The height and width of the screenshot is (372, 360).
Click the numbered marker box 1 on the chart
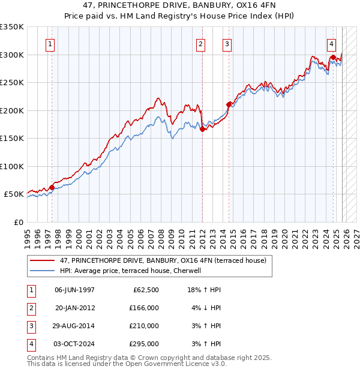click(x=50, y=44)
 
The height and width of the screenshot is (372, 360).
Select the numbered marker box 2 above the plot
click(x=200, y=44)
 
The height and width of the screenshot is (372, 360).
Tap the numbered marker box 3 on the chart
click(x=227, y=44)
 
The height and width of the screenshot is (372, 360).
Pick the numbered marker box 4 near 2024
click(x=332, y=44)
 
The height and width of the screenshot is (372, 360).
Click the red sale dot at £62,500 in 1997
click(x=52, y=187)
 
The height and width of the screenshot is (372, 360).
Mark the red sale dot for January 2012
click(x=203, y=129)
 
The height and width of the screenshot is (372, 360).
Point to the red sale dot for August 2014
click(x=229, y=104)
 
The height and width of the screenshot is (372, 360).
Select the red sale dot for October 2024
click(x=333, y=58)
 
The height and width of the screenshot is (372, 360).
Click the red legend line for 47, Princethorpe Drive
click(x=43, y=260)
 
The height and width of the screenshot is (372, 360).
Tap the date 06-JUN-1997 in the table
click(x=74, y=290)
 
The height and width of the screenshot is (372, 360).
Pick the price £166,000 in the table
click(x=143, y=308)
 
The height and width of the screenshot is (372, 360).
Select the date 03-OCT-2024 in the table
click(x=74, y=344)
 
